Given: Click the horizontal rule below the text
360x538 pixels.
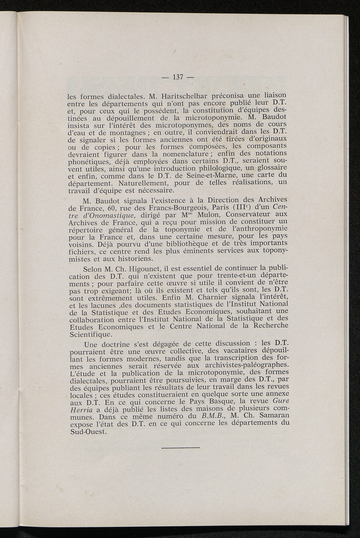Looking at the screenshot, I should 181,448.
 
